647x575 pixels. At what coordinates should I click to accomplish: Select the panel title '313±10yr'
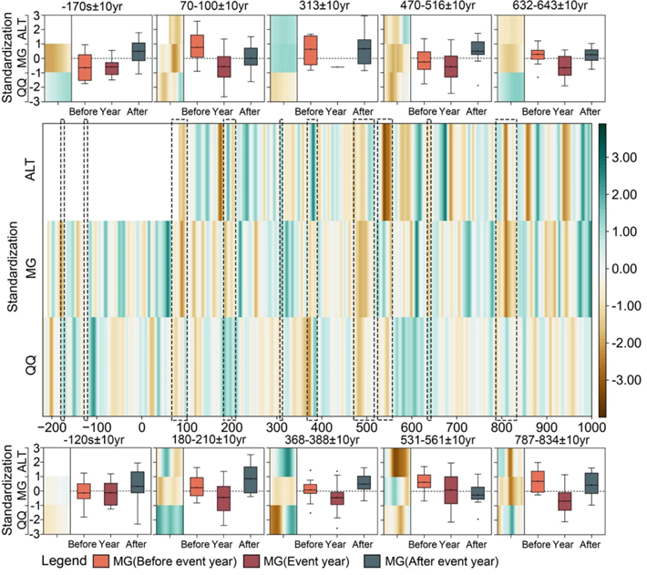click(324, 5)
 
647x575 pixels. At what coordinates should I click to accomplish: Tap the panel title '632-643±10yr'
click(550, 5)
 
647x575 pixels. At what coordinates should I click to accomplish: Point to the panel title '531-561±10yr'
click(437, 440)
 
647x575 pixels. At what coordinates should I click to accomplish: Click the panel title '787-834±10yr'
click(551, 440)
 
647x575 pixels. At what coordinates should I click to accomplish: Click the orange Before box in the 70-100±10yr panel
click(197, 46)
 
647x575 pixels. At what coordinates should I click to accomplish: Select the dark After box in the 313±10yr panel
click(364, 52)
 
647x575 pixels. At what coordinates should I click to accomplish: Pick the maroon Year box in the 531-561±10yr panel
click(451, 490)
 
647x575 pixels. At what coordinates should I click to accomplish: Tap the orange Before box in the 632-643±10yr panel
click(538, 55)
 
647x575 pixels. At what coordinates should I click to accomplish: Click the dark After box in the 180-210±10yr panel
click(251, 479)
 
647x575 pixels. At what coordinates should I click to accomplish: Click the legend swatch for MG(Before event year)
click(101, 561)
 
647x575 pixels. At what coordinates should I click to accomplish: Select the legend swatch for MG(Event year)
click(252, 561)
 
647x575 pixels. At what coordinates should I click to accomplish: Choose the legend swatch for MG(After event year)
click(372, 561)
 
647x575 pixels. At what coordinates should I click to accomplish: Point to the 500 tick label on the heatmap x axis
click(365, 427)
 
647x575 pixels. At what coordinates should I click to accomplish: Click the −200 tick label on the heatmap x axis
click(52, 427)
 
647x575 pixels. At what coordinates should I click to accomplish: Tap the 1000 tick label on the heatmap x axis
click(591, 427)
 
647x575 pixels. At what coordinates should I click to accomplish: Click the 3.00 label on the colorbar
click(624, 158)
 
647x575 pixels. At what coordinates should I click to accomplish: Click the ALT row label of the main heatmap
click(31, 169)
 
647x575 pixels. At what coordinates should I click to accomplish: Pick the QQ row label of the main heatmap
click(31, 365)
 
